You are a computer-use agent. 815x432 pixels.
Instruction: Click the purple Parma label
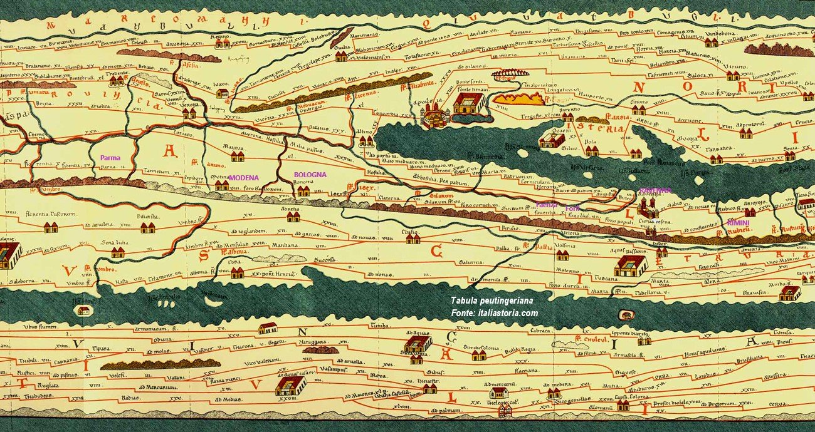(110, 158)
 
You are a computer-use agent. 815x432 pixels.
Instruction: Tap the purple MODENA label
(244, 178)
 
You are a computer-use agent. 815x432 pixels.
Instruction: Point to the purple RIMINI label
(739, 223)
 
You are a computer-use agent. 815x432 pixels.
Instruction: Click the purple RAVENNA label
(655, 190)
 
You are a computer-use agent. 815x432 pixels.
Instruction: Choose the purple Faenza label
(546, 205)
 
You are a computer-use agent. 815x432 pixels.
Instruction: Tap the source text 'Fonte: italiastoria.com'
(494, 313)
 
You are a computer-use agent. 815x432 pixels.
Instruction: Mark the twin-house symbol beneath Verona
(189, 113)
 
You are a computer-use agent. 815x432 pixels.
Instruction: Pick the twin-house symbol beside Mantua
(238, 157)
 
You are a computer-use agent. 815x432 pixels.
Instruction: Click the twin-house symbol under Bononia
(303, 191)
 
